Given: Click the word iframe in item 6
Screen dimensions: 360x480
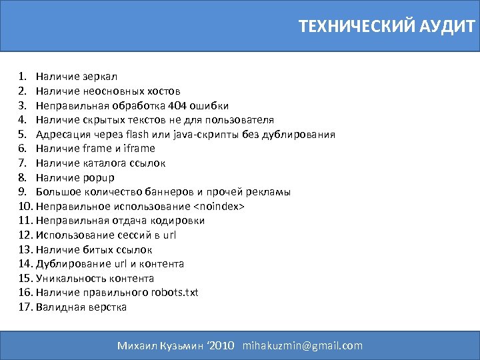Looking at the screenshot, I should [139, 149].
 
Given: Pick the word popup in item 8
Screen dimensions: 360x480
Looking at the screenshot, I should [98, 177].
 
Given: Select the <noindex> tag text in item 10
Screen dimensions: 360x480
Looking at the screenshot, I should [219, 207].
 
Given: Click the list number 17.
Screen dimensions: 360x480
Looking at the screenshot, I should [25, 307].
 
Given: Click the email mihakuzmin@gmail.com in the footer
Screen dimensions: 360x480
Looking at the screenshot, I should [303, 345].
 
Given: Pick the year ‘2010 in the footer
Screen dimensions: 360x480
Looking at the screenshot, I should [221, 345].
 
